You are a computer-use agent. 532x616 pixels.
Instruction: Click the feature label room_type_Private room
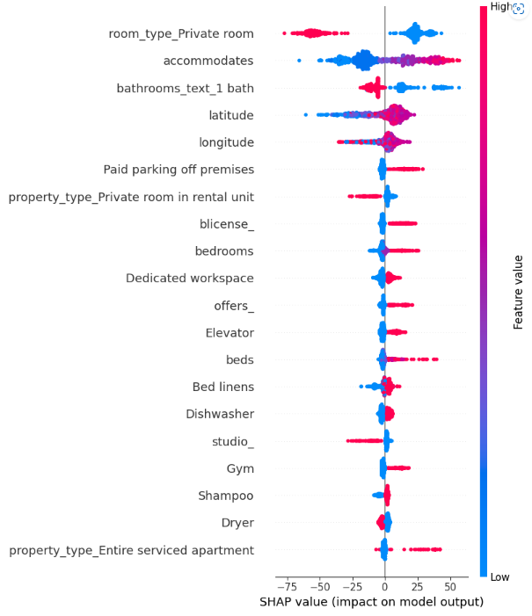click(181, 33)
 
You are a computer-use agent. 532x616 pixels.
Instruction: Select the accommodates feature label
click(208, 61)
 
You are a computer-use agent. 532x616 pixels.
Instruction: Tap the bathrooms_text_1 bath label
click(185, 88)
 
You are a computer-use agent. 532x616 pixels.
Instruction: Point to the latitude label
click(231, 115)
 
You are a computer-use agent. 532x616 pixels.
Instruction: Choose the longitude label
click(227, 142)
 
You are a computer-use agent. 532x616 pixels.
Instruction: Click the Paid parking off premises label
click(179, 169)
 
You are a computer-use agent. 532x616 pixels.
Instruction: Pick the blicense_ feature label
click(227, 224)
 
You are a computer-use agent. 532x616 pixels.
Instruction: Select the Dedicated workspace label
click(189, 278)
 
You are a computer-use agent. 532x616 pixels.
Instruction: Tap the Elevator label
click(230, 332)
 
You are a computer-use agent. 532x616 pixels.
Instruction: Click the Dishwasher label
click(220, 414)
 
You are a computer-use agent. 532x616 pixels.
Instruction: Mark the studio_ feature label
click(233, 441)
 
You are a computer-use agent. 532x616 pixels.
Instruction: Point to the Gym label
click(240, 468)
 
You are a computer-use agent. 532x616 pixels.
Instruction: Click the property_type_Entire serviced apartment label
click(131, 550)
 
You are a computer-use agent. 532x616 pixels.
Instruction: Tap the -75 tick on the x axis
click(284, 586)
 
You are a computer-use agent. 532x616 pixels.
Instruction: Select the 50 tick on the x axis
click(450, 586)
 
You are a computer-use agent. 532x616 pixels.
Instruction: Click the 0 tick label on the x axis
click(384, 586)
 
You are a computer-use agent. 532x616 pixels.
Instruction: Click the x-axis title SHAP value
click(371, 602)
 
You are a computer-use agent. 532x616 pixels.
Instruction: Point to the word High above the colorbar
click(500, 7)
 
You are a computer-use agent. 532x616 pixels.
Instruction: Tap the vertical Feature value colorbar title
click(519, 293)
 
